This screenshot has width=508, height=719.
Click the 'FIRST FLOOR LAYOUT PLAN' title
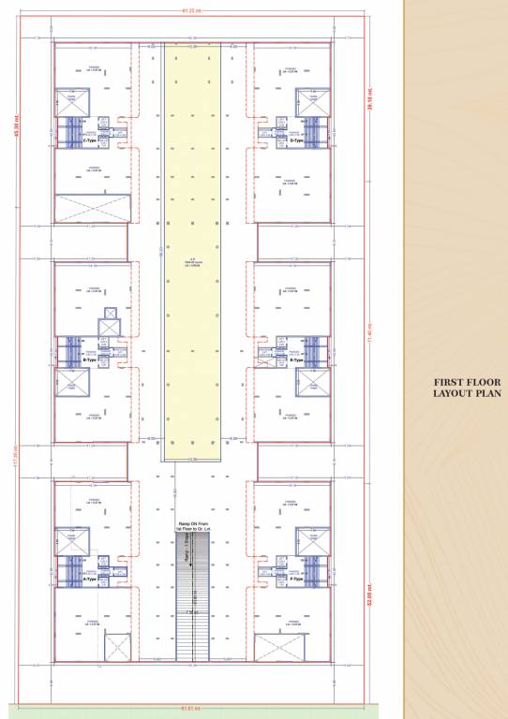(467, 388)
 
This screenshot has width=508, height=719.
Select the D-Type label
(296, 140)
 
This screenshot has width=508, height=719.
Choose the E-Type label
(296, 359)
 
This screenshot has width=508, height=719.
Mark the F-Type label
(296, 580)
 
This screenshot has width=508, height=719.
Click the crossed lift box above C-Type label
(71, 101)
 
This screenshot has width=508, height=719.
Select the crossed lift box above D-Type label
(310, 101)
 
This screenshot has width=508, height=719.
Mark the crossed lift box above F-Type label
(310, 540)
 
